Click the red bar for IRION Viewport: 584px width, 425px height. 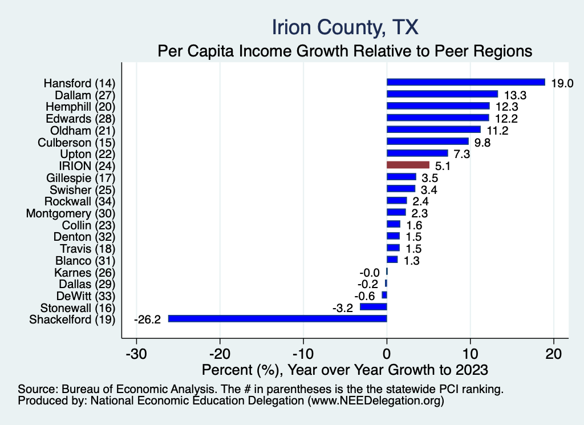pos(408,165)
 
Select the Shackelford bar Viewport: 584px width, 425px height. pos(277,318)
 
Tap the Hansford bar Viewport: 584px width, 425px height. pos(465,82)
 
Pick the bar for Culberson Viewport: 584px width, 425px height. pos(427,141)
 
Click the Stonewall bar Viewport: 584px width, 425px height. pos(373,307)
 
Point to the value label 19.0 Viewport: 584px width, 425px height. pos(562,83)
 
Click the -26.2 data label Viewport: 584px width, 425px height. pos(147,319)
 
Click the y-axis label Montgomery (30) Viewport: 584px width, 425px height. pos(71,213)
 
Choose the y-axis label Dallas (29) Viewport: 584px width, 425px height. pos(87,284)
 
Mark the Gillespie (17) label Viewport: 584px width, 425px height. pos(80,178)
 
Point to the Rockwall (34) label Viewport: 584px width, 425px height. pos(80,201)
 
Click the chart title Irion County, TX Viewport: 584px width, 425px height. pos(345,27)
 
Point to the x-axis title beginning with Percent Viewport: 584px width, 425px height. pos(344,370)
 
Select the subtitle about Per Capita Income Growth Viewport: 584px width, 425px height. pos(344,51)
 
